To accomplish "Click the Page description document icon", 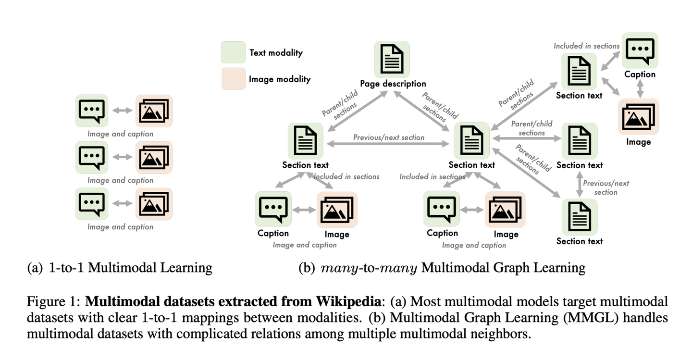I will (392, 59).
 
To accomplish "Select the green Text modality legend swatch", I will (233, 52).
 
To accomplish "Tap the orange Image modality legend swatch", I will (233, 78).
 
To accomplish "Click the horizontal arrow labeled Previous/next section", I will (388, 144).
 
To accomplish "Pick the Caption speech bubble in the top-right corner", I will (640, 50).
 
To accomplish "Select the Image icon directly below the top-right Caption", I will (639, 117).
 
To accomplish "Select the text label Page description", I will (393, 84).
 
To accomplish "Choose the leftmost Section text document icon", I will (305, 141).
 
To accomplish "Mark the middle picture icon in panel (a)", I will (154, 158).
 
